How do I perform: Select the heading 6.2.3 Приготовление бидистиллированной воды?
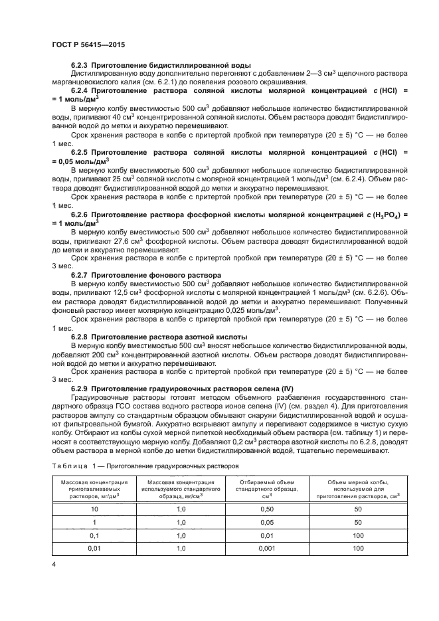(x=160, y=65)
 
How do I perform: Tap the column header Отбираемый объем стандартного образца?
(x=254, y=488)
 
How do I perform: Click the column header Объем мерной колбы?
(x=357, y=488)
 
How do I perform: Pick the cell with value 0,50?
(x=254, y=508)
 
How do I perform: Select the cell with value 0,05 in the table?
(x=254, y=521)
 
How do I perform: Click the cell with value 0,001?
(x=254, y=549)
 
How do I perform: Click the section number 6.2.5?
(x=80, y=151)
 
